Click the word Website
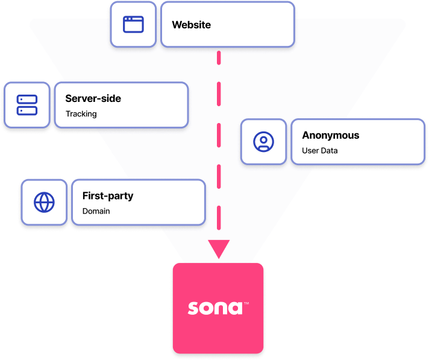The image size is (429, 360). [191, 25]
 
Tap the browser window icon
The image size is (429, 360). [133, 25]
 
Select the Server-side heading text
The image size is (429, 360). [93, 98]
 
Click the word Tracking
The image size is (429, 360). [81, 113]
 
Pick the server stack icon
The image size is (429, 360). [27, 105]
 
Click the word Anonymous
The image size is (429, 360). [330, 135]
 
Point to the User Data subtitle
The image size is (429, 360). [319, 151]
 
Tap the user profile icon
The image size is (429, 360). [263, 142]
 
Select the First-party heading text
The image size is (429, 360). [108, 196]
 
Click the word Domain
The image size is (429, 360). [96, 211]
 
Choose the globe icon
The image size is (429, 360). [44, 202]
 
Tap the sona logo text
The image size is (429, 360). [214, 308]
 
